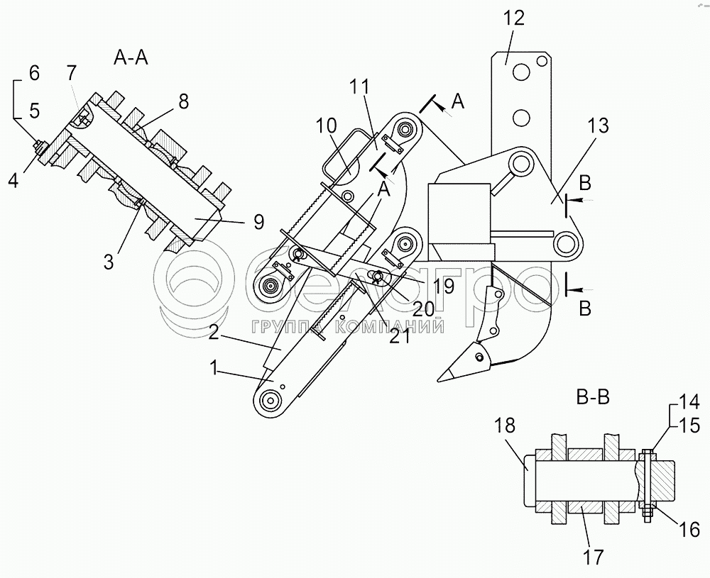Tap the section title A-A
click(131, 57)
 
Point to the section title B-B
click(593, 398)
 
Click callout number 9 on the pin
click(258, 221)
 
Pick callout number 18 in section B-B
click(504, 426)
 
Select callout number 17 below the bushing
click(593, 556)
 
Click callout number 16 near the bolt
click(689, 529)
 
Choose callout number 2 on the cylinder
click(214, 334)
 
